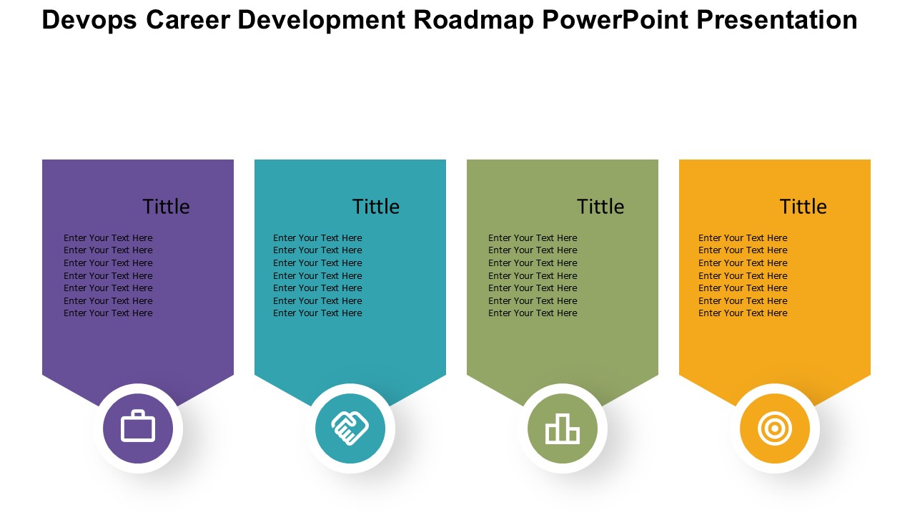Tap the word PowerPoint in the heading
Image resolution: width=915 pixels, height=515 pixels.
click(x=615, y=19)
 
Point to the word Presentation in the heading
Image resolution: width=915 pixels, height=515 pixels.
click(x=776, y=19)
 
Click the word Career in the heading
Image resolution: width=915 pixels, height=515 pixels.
click(x=188, y=19)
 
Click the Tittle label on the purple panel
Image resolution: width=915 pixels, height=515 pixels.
click(x=166, y=207)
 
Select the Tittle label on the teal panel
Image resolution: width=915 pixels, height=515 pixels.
click(x=376, y=207)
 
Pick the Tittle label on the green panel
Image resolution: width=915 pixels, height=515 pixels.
click(x=600, y=207)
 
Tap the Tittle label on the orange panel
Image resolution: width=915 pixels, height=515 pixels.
click(x=803, y=207)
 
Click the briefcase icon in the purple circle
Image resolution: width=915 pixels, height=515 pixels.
click(x=138, y=426)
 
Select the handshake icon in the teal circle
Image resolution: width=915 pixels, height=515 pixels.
click(x=350, y=428)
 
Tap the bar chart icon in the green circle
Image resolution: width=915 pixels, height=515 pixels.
click(x=563, y=428)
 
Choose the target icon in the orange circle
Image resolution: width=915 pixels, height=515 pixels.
click(x=774, y=428)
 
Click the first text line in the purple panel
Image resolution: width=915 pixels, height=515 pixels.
click(x=108, y=238)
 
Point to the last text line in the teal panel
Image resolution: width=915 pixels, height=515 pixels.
click(x=317, y=313)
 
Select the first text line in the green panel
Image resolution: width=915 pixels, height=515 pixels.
click(x=533, y=238)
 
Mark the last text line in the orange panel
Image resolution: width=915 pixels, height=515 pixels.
click(x=743, y=313)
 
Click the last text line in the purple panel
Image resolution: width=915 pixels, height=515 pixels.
click(x=108, y=313)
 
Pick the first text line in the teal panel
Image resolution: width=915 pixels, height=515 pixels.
click(x=317, y=238)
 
